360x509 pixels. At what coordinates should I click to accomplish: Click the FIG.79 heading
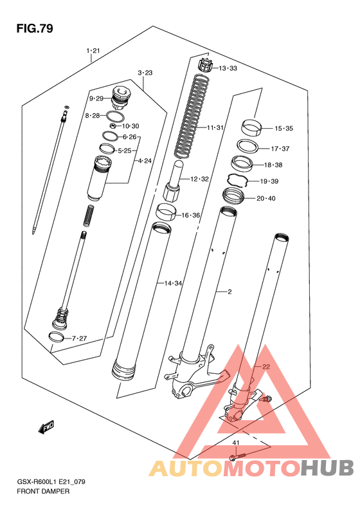click(x=35, y=28)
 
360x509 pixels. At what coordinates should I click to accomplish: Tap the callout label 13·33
click(x=228, y=68)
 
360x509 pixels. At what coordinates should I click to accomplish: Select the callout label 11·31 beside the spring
click(x=215, y=127)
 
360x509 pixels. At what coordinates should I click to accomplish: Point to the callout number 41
click(x=236, y=443)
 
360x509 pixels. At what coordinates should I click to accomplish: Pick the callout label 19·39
click(x=269, y=181)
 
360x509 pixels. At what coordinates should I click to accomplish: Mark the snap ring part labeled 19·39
click(x=237, y=180)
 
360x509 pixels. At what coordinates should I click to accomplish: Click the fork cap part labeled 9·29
click(x=120, y=97)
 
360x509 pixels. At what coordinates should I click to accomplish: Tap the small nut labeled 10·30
click(x=113, y=125)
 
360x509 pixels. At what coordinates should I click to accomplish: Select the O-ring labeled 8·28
click(x=115, y=116)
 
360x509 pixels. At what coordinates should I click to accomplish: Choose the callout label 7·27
click(x=79, y=338)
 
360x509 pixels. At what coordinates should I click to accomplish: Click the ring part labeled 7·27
click(x=56, y=337)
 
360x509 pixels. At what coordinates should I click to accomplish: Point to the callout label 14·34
click(x=173, y=283)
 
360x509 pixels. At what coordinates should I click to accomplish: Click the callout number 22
click(x=266, y=367)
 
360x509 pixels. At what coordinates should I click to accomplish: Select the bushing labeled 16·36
click(x=166, y=212)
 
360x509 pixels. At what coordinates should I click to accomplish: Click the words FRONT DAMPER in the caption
click(x=43, y=491)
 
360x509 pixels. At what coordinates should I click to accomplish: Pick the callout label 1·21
click(x=93, y=51)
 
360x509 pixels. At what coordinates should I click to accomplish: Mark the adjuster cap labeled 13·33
click(x=204, y=64)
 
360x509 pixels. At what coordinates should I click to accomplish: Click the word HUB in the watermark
click(x=327, y=468)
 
